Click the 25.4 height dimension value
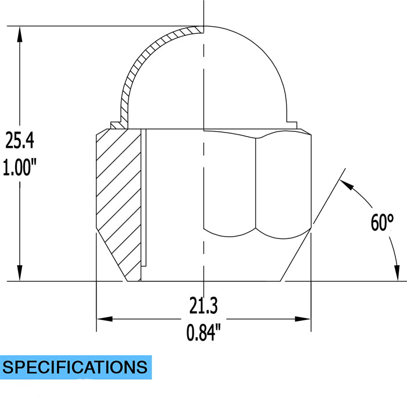pos(20,140)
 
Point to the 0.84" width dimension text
pos(203,333)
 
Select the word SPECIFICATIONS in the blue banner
pos(75,367)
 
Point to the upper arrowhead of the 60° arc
pos(346,185)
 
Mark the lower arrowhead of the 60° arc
pos(397,272)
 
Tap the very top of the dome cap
pos(203,27)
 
